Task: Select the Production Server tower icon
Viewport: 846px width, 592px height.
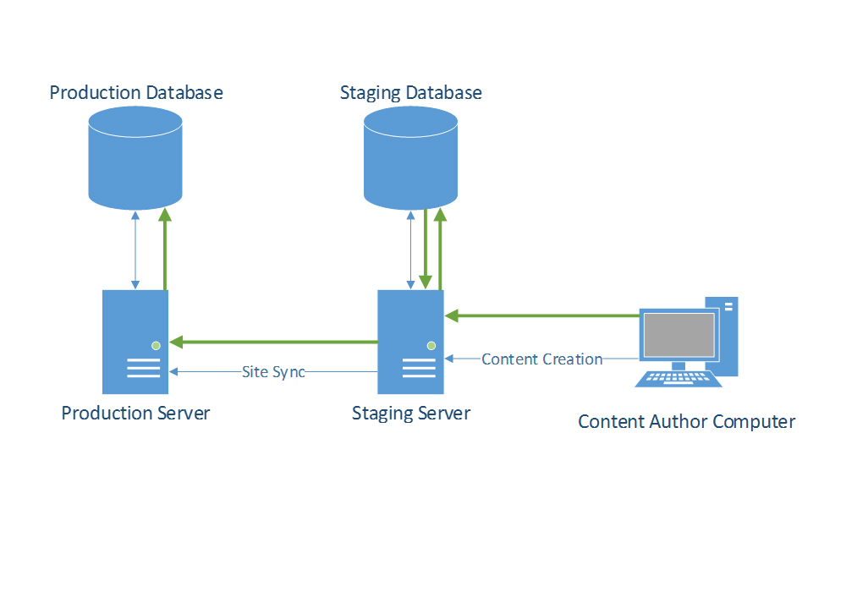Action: [x=135, y=342]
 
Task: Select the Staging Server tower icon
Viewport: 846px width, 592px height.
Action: [x=410, y=342]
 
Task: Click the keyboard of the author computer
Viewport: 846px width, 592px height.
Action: [x=678, y=378]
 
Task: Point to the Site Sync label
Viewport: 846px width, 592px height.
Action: [x=272, y=372]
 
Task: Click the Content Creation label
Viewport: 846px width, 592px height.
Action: [x=541, y=359]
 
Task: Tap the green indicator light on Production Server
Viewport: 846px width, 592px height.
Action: [x=156, y=345]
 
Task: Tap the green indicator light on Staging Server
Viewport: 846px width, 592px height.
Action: [x=431, y=345]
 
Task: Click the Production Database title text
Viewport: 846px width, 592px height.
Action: [x=136, y=92]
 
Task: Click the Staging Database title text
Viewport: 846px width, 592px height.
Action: [x=411, y=92]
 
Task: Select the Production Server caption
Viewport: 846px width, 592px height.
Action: [x=135, y=413]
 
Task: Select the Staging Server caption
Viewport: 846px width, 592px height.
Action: [x=411, y=414]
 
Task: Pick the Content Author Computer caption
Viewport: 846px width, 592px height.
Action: [x=686, y=421]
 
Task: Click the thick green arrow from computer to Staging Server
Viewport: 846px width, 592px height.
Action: [x=541, y=315]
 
